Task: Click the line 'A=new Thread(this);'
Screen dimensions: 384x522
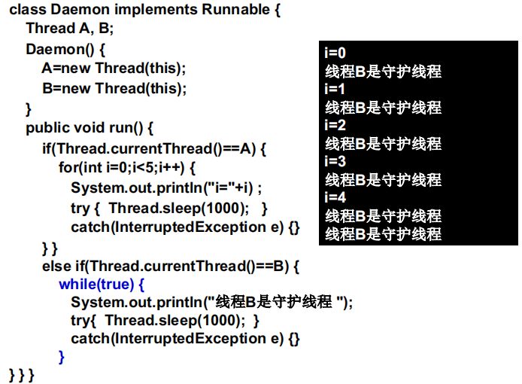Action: coord(114,69)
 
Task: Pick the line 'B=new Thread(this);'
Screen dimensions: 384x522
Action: coord(114,88)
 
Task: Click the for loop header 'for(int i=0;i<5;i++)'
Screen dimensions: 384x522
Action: coord(127,167)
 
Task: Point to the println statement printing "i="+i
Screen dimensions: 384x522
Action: coord(166,187)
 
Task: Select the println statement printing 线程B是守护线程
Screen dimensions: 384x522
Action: coord(211,303)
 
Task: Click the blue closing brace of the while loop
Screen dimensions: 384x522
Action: coord(62,357)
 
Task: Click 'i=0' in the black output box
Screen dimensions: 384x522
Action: coord(335,53)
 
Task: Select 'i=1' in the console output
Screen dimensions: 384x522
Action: coord(335,90)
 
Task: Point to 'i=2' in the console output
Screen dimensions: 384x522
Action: coord(335,125)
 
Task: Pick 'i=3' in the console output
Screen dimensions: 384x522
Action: coord(335,161)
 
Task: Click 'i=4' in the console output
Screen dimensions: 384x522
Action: coord(335,197)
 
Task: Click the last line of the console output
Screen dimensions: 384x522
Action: coord(383,234)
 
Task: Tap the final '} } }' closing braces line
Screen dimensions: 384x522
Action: coord(21,374)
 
